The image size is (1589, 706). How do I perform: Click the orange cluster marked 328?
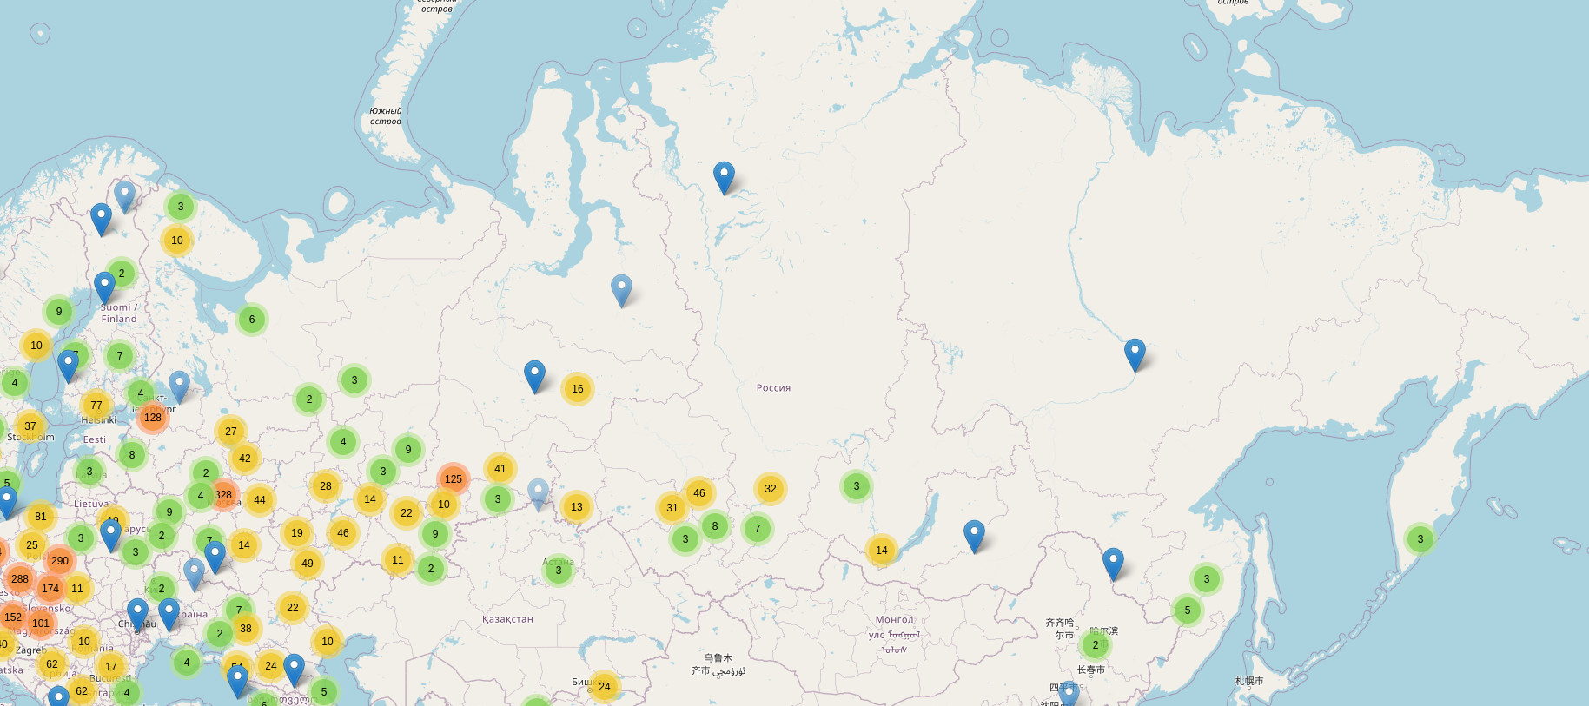click(x=223, y=495)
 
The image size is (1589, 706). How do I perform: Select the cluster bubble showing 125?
click(x=453, y=478)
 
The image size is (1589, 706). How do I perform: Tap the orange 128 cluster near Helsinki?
click(x=153, y=418)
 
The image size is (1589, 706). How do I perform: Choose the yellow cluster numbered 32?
click(x=770, y=489)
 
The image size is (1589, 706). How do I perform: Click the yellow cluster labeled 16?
click(x=577, y=389)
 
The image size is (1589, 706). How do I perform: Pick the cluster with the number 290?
click(x=59, y=561)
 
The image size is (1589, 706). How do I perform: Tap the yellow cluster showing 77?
click(x=96, y=406)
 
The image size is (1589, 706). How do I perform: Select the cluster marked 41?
click(x=500, y=469)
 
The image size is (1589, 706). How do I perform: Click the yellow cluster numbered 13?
click(x=576, y=507)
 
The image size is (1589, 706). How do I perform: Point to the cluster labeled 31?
click(x=672, y=508)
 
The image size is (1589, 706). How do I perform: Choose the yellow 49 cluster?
click(x=307, y=564)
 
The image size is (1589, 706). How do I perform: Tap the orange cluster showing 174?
click(x=50, y=589)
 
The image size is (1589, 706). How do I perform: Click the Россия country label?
click(x=773, y=388)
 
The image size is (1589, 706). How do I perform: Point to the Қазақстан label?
click(x=507, y=619)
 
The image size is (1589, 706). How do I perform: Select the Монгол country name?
click(x=894, y=619)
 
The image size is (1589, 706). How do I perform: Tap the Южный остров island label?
click(x=385, y=116)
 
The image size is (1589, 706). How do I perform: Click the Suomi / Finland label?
click(x=118, y=313)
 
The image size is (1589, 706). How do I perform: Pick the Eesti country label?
click(x=95, y=439)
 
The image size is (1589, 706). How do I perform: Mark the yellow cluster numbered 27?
click(x=230, y=432)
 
